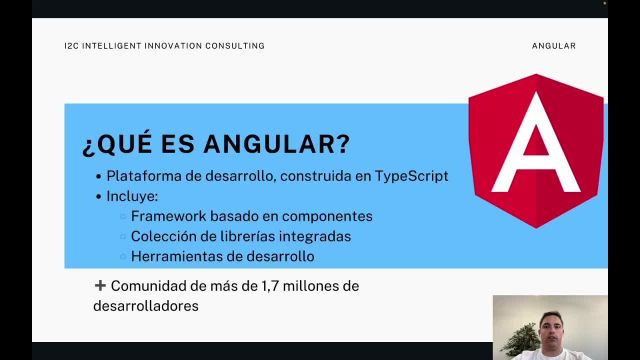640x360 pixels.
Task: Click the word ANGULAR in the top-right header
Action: pyautogui.click(x=554, y=46)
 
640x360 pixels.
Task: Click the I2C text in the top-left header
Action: pyautogui.click(x=70, y=46)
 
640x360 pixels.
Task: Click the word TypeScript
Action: pyautogui.click(x=412, y=176)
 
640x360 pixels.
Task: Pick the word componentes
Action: pyautogui.click(x=326, y=216)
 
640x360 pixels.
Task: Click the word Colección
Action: pyautogui.click(x=164, y=236)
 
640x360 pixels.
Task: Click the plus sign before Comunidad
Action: pyautogui.click(x=100, y=286)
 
